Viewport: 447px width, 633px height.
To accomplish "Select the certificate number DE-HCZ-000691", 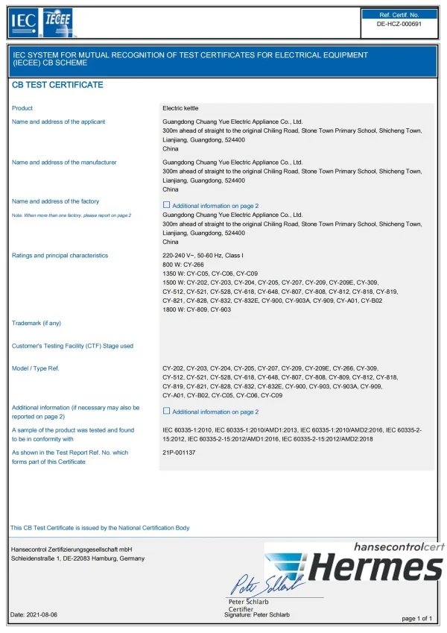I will tap(399, 24).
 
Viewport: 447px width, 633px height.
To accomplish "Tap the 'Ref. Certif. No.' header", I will tap(399, 14).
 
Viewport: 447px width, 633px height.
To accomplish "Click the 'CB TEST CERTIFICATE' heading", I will tap(57, 85).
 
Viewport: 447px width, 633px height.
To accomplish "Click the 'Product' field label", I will tap(22, 108).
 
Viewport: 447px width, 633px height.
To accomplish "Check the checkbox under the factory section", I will tap(166, 205).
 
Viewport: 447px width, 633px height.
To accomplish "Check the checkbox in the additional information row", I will tap(166, 412).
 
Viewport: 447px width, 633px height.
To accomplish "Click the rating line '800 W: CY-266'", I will tap(184, 265).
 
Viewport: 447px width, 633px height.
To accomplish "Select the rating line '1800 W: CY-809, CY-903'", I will tap(197, 309).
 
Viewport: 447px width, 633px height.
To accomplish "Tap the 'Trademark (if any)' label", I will tap(37, 323).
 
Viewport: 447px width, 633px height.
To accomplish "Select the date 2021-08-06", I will tap(42, 614).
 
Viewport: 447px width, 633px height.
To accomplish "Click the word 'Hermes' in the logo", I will tap(375, 568).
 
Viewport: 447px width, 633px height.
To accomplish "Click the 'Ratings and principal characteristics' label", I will tap(60, 256).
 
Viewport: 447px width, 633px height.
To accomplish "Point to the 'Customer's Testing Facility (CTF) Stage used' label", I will tap(73, 346).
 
